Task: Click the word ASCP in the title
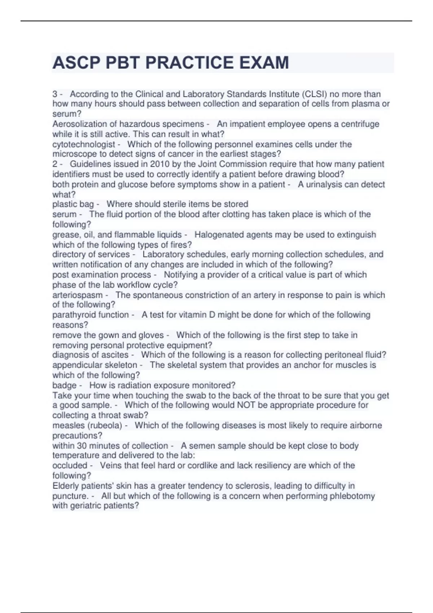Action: (x=76, y=63)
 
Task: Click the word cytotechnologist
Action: (x=84, y=144)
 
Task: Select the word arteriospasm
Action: (x=78, y=295)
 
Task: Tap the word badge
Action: (x=65, y=385)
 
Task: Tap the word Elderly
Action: (x=65, y=486)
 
